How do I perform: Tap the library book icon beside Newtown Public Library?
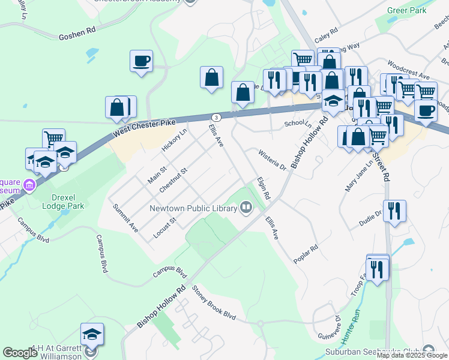point(246,208)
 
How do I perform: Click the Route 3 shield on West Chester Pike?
point(215,116)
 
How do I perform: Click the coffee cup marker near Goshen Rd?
point(141,61)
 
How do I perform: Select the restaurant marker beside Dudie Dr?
point(394,211)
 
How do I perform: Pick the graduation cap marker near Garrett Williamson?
point(92,334)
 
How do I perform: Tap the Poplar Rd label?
point(306,254)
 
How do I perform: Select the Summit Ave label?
point(126,218)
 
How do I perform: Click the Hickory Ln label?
point(174,140)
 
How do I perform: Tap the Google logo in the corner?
point(20,353)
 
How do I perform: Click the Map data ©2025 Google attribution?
point(412,355)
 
